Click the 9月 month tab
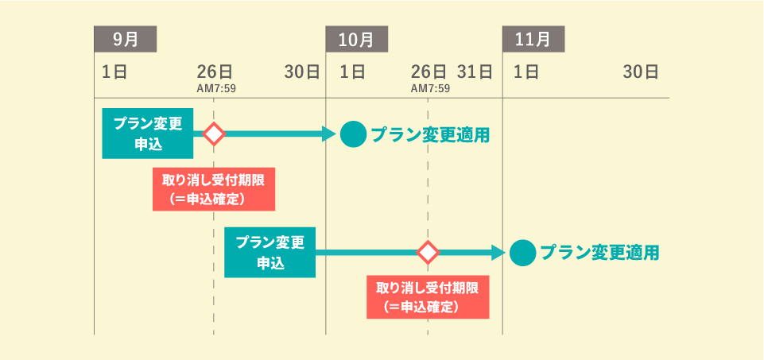coord(125,38)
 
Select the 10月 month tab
coord(357,38)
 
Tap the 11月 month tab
coord(533,38)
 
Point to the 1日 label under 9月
coord(114,72)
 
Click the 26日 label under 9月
coord(215,72)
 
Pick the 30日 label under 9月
coord(302,72)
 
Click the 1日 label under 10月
coord(352,72)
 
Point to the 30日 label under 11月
coord(641,72)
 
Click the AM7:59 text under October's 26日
coord(430,88)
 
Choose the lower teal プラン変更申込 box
coord(270,253)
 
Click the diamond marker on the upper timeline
coord(213,134)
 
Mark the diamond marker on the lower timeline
coord(429,253)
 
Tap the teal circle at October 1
coord(353,134)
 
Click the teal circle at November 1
coord(522,253)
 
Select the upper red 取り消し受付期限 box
coord(213,189)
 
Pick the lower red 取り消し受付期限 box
coord(428,296)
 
